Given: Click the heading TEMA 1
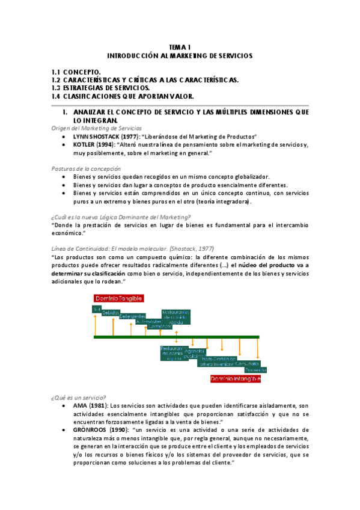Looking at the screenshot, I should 180,46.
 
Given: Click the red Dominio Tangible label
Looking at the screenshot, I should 118,298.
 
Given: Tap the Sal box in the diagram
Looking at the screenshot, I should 96,309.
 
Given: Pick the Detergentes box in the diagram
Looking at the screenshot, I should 132,316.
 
